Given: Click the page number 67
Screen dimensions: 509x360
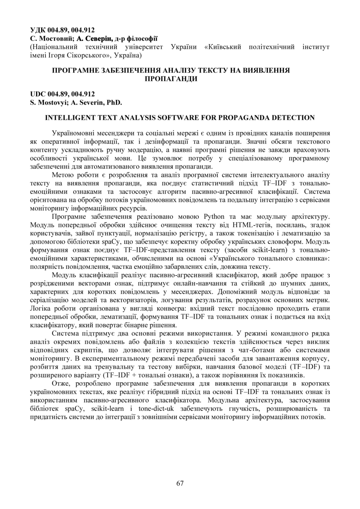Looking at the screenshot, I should coord(180,483).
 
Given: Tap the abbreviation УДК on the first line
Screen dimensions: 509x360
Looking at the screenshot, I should coord(38,30).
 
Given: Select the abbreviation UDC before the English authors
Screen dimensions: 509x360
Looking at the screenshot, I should coord(38,94).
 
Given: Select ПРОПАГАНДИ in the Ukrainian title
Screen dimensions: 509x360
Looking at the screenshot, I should coord(171,78).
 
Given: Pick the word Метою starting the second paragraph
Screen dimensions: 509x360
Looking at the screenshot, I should coord(64,175).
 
